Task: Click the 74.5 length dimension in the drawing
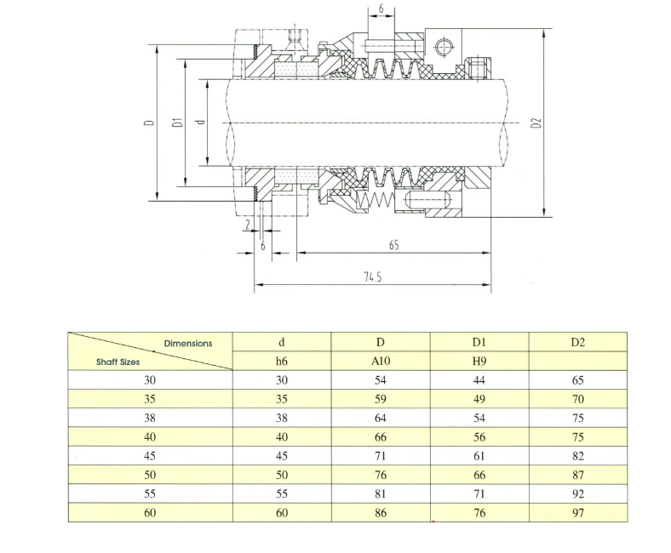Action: [x=373, y=277]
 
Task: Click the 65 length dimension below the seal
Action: [x=394, y=245]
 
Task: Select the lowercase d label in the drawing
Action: [x=200, y=123]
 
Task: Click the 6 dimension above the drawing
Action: [x=381, y=9]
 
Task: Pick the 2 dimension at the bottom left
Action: [x=248, y=225]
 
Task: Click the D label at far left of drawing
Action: [x=149, y=123]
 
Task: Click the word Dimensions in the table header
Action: [x=188, y=344]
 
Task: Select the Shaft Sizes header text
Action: [x=118, y=362]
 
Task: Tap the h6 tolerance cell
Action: [x=282, y=362]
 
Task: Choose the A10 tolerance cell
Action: [x=381, y=362]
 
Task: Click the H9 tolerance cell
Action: [x=479, y=362]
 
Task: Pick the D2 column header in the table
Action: [x=577, y=342]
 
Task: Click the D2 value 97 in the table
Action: [x=578, y=512]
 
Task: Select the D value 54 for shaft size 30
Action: [x=381, y=380]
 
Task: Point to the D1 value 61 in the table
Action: [x=479, y=456]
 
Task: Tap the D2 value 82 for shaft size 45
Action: [x=578, y=456]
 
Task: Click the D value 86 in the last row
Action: [x=381, y=512]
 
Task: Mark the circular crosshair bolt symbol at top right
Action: [x=443, y=47]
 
